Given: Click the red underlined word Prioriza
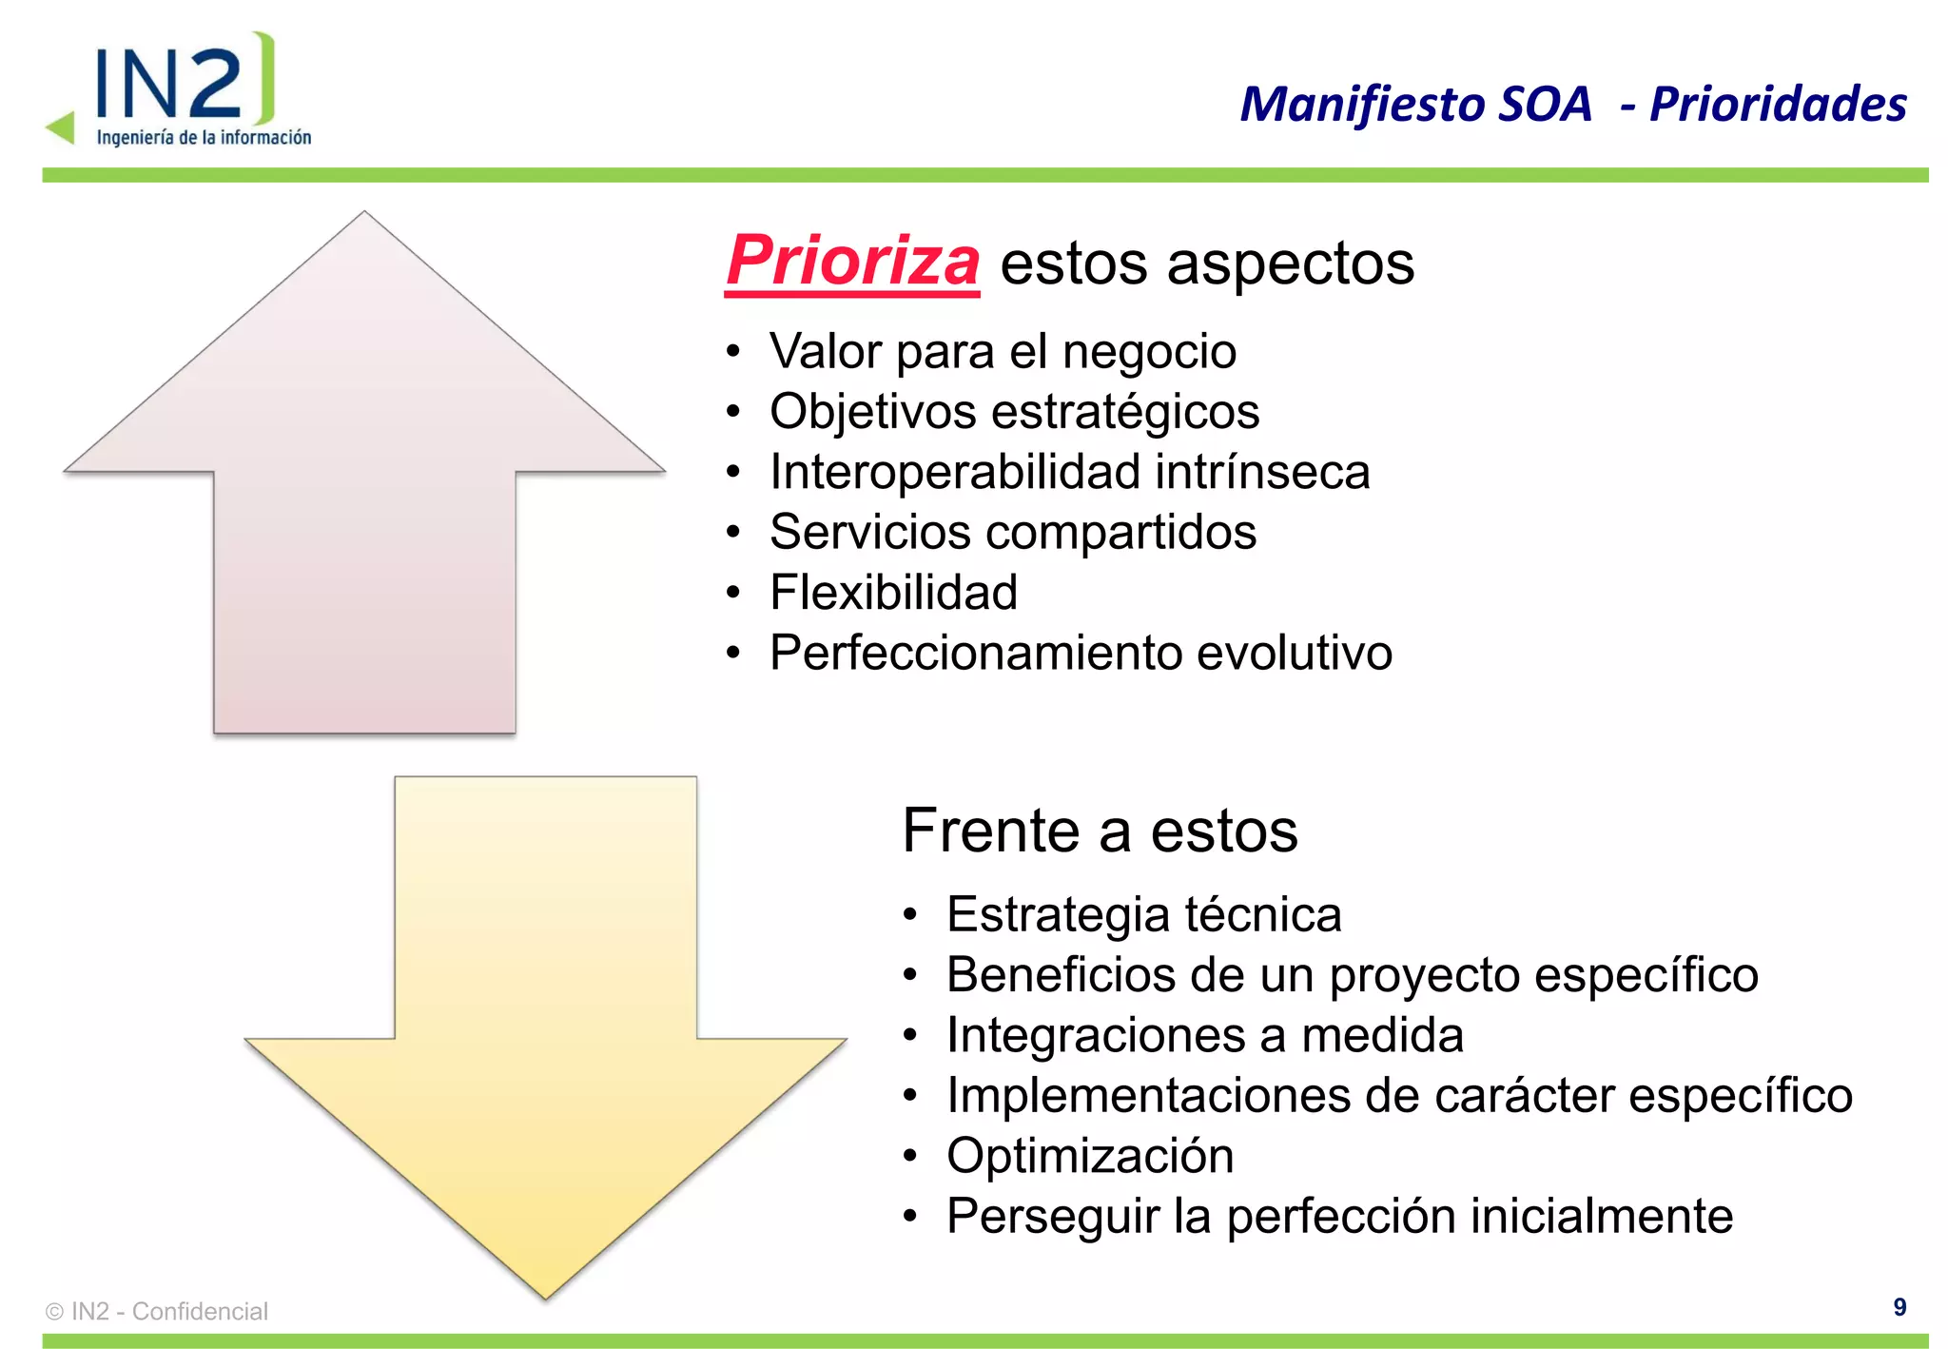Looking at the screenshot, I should [852, 262].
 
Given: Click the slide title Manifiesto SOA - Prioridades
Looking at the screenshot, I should [1572, 104].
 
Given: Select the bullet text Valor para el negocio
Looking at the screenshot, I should [1003, 351].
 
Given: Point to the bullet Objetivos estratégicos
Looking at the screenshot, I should [1014, 412].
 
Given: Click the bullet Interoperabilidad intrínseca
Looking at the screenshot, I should [1069, 472].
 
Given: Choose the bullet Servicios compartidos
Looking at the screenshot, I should [1012, 532].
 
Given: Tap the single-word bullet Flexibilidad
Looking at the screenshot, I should [893, 592].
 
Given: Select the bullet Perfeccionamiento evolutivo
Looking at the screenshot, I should [1081, 653].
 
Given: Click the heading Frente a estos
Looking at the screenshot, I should [1100, 831].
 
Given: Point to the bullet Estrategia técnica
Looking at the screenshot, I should [1143, 914].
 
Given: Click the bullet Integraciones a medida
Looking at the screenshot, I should [1204, 1035].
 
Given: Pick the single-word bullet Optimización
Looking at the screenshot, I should [1090, 1156].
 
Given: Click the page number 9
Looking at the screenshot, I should [1899, 1307].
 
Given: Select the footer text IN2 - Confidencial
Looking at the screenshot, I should [169, 1311].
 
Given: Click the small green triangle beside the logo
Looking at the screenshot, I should [62, 127].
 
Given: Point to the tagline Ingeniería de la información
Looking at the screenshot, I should [204, 138].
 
